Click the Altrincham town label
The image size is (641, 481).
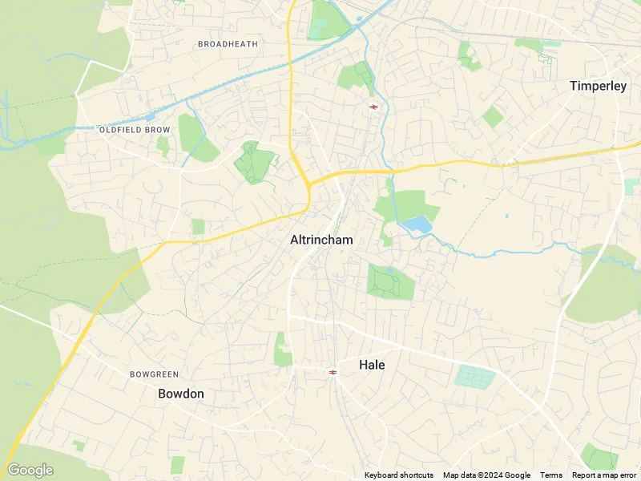click(x=321, y=240)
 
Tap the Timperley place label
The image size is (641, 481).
click(x=598, y=86)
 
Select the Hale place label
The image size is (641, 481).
click(x=372, y=365)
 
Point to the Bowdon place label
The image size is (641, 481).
click(x=181, y=394)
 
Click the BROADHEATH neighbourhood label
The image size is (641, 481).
click(x=228, y=44)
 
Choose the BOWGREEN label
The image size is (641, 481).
click(x=155, y=374)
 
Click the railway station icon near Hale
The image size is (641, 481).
click(x=332, y=372)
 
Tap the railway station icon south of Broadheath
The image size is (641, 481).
click(x=373, y=107)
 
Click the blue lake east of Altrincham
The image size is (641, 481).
click(x=417, y=224)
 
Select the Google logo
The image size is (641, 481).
click(x=30, y=470)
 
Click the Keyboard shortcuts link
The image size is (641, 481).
click(x=399, y=475)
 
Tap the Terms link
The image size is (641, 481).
click(x=551, y=475)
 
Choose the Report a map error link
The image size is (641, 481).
click(x=606, y=475)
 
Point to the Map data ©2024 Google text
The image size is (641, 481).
click(x=486, y=475)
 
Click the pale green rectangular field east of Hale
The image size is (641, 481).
click(x=476, y=377)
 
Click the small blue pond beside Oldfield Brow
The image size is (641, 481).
click(x=150, y=117)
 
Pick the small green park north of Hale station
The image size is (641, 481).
click(x=283, y=350)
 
